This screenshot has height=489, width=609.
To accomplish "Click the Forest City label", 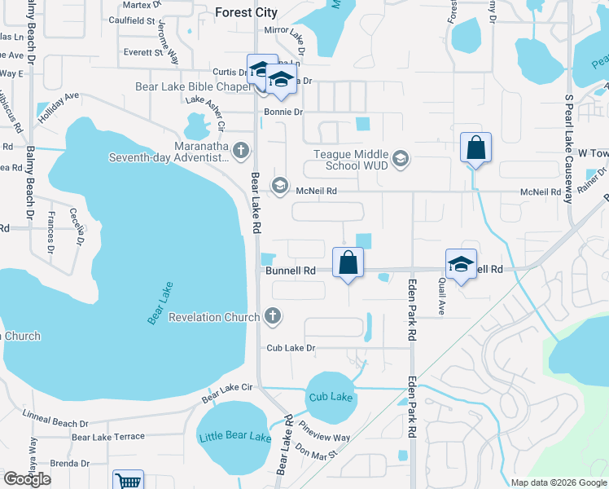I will click(246, 12).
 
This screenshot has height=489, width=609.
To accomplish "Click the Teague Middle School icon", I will click(400, 158).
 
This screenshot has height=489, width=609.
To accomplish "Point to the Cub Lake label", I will click(331, 397).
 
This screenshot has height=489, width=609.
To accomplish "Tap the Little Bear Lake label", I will click(234, 437).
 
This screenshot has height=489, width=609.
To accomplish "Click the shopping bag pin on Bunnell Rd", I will click(348, 262).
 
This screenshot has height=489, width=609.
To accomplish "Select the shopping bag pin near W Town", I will click(476, 148).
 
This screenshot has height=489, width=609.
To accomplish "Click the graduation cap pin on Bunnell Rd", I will click(461, 264).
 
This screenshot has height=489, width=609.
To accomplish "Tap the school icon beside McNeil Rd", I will click(279, 186).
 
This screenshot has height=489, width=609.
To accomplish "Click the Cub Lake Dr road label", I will click(291, 348).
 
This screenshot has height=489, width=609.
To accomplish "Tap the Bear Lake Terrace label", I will click(107, 438).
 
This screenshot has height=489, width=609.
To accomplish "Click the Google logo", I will click(27, 479).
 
